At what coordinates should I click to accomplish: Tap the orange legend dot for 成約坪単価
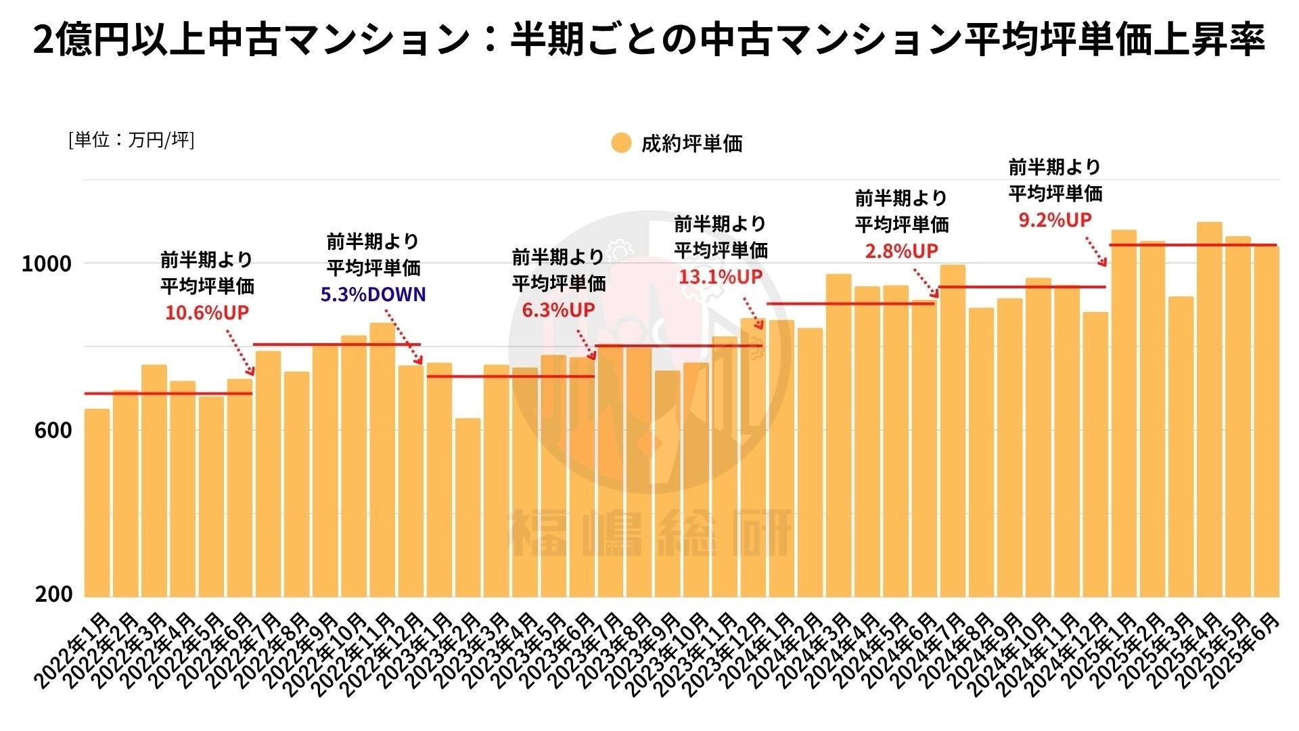(x=620, y=143)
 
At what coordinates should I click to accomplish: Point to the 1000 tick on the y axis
(x=46, y=263)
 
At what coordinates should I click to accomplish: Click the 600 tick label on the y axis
(x=52, y=430)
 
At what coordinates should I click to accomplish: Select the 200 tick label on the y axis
(x=52, y=594)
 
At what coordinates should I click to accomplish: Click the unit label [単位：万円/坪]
(x=131, y=140)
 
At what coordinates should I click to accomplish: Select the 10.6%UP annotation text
(x=207, y=313)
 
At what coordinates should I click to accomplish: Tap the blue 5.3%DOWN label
(x=373, y=294)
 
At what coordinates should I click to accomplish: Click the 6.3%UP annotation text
(x=558, y=310)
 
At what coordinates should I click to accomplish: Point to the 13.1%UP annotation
(x=721, y=276)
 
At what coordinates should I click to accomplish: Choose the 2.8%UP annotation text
(x=901, y=251)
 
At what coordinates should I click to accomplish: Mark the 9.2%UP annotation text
(x=1055, y=219)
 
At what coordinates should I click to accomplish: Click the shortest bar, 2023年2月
(x=468, y=508)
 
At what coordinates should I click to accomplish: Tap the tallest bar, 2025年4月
(x=1209, y=409)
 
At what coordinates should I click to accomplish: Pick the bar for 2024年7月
(x=953, y=431)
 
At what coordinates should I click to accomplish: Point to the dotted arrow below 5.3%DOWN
(x=404, y=336)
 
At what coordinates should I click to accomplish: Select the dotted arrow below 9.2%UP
(x=1096, y=251)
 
